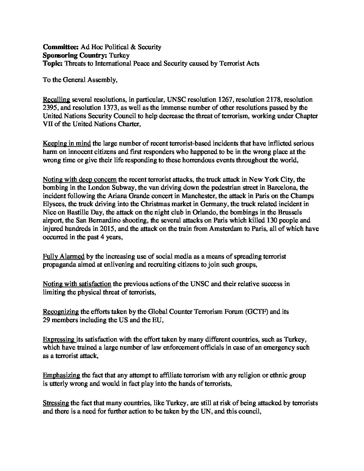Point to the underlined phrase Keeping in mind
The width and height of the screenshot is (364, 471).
67,144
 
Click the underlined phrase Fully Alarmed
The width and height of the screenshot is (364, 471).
64,257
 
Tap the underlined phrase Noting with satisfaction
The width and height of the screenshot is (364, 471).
77,284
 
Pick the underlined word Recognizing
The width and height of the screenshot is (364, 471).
61,312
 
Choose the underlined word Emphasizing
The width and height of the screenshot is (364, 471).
62,375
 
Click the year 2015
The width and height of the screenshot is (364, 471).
100,228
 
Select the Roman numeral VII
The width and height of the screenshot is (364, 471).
49,124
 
